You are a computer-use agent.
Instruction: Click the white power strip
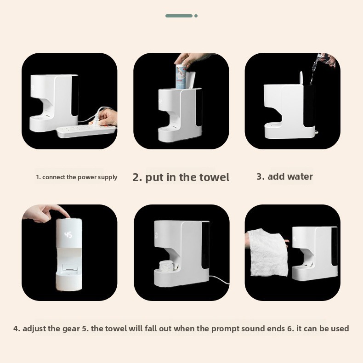86,131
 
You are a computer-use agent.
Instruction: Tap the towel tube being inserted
181,77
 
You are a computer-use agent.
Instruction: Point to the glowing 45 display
68,235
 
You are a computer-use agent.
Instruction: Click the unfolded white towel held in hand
267,253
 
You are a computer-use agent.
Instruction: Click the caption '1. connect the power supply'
77,177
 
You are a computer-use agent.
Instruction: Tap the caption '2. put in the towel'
181,177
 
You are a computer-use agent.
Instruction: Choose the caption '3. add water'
284,176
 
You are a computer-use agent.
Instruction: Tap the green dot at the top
196,16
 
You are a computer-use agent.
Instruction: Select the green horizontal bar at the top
179,16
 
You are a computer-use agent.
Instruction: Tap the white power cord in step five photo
219,279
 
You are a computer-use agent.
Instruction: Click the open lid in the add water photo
301,78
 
